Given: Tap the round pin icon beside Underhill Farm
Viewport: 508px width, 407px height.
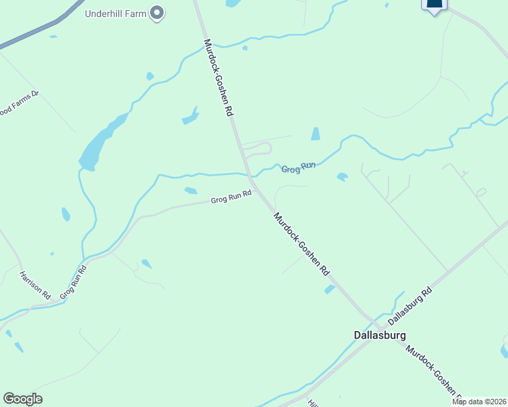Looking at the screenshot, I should click(x=158, y=12).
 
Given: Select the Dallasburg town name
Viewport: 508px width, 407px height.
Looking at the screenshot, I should click(x=380, y=335).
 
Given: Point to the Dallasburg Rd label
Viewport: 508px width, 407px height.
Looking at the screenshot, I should click(x=410, y=306).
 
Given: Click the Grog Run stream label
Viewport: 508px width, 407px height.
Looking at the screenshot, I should click(x=299, y=168).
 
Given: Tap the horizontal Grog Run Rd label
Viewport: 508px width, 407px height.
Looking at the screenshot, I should click(x=231, y=197).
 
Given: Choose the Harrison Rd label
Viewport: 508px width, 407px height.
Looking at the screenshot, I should click(x=35, y=286).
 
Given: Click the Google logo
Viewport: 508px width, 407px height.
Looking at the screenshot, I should click(x=22, y=399).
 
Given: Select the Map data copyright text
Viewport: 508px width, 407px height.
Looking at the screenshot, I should click(x=479, y=402).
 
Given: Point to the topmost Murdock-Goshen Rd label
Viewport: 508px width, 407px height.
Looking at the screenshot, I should click(x=218, y=79).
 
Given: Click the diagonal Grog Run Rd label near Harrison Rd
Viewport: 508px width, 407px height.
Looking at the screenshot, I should click(x=73, y=282).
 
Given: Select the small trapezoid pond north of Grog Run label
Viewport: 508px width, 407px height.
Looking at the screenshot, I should click(x=315, y=134).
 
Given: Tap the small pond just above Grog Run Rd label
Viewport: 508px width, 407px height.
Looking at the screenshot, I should click(x=191, y=191).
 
